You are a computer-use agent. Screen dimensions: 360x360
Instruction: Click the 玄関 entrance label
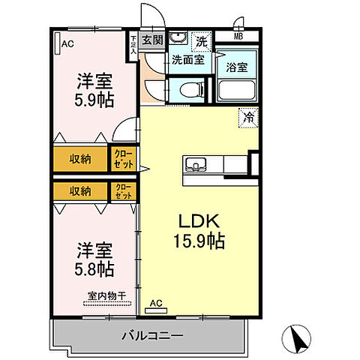153,40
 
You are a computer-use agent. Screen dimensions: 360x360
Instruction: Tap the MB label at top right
238,35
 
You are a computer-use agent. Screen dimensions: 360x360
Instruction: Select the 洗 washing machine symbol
200,40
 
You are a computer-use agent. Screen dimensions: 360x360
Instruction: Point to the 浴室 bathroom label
238,66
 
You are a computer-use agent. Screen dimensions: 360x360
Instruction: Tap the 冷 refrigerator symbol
247,116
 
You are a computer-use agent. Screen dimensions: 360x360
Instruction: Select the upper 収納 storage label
79,159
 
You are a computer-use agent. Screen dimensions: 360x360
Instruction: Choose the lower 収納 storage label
79,190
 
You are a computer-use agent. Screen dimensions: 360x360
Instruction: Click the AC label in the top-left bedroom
67,44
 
